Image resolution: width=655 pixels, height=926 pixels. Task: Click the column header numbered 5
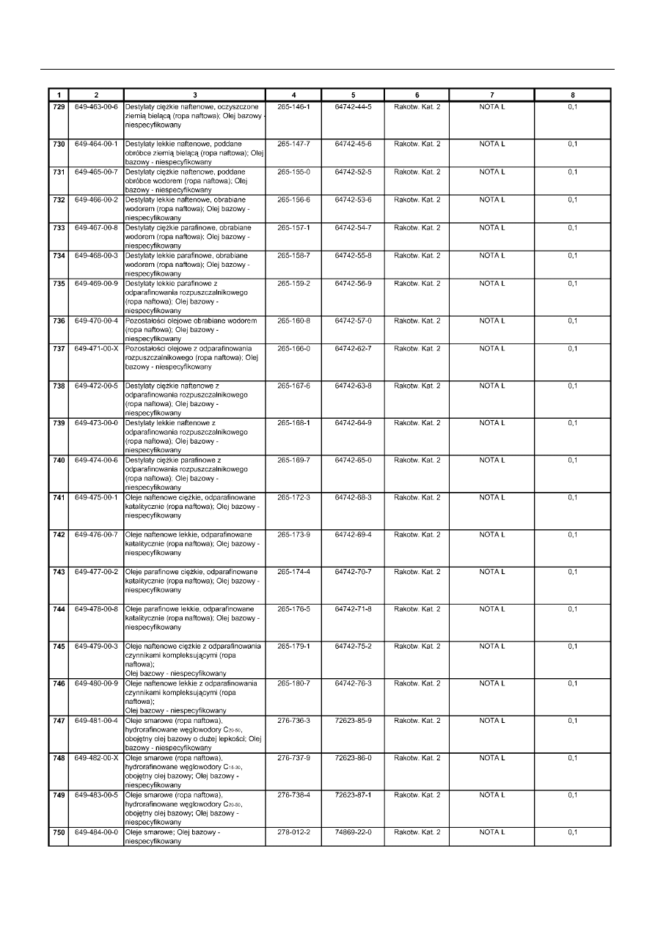click(x=353, y=95)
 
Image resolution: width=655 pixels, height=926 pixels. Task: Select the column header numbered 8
click(x=573, y=95)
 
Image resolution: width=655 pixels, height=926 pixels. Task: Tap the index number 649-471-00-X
click(x=96, y=348)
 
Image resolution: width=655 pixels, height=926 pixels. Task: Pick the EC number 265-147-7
click(x=293, y=144)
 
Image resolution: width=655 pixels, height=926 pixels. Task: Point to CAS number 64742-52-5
click(x=353, y=172)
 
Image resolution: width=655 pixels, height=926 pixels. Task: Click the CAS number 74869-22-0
click(x=353, y=832)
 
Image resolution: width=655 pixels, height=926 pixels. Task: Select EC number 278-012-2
click(x=293, y=832)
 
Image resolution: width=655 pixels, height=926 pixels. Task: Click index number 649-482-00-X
click(x=96, y=757)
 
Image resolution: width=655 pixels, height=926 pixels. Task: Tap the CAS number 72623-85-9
click(x=353, y=720)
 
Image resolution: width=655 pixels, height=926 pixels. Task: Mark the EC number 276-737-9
click(x=293, y=757)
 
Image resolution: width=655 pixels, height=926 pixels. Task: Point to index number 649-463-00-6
click(x=96, y=107)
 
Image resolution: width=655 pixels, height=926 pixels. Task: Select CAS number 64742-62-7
click(x=353, y=348)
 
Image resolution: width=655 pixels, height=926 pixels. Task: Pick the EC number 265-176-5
click(x=293, y=609)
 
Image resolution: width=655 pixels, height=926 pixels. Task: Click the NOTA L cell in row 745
click(x=492, y=646)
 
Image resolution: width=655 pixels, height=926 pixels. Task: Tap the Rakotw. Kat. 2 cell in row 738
click(x=417, y=386)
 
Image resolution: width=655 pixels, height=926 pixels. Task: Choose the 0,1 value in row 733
click(x=573, y=227)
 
